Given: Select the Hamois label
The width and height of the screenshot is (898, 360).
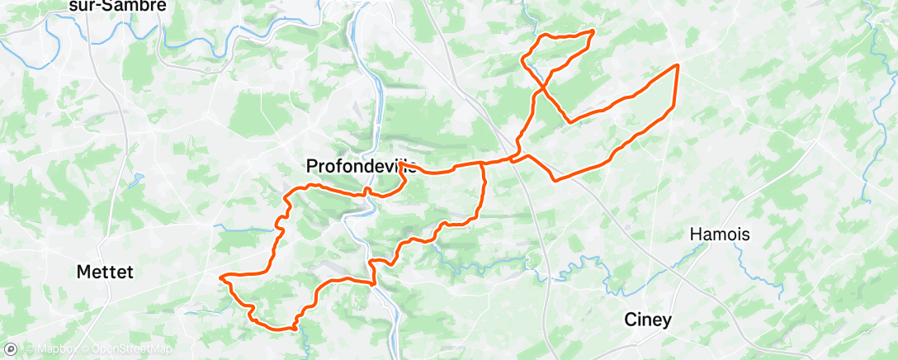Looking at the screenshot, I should pyautogui.click(x=720, y=234).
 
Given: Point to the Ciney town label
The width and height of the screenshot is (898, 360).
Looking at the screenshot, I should pyautogui.click(x=648, y=320).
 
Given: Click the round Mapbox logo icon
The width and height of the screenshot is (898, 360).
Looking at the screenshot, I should pyautogui.click(x=12, y=349).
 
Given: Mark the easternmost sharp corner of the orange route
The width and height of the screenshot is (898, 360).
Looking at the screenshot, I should pyautogui.click(x=678, y=64).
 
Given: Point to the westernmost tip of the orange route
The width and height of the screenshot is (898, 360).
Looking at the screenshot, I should pyautogui.click(x=220, y=278).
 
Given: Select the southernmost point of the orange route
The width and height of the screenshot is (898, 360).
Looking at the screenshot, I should pyautogui.click(x=293, y=329).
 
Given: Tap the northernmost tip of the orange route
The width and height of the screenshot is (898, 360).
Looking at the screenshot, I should pyautogui.click(x=593, y=31).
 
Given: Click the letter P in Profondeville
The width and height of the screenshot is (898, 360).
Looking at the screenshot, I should pyautogui.click(x=312, y=166).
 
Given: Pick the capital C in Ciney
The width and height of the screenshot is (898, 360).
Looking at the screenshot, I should pyautogui.click(x=630, y=320).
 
